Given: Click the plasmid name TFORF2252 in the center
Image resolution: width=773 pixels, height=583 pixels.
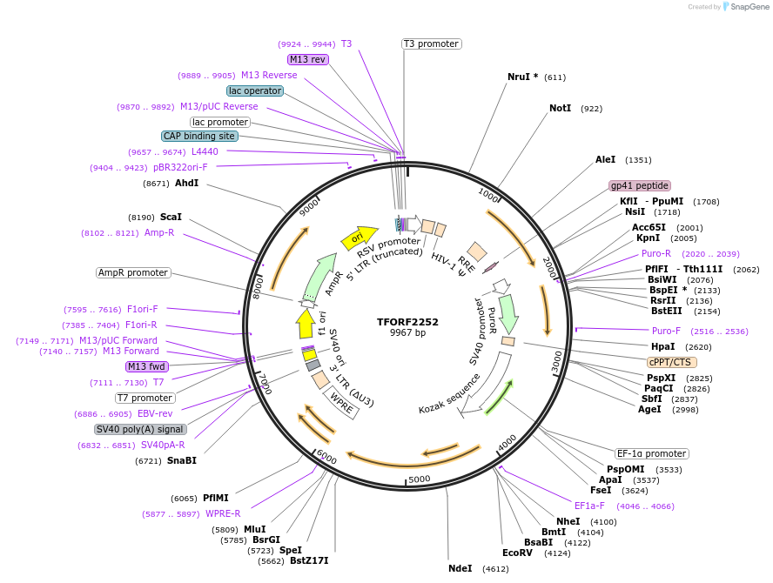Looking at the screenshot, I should tap(407, 321).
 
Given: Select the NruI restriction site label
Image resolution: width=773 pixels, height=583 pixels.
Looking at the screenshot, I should tap(522, 77).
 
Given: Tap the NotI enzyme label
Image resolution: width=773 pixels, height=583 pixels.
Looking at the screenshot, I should tap(560, 109).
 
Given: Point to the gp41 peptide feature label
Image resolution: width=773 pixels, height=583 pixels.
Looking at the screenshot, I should tap(640, 185).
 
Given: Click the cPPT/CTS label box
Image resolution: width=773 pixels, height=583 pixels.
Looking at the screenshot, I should tap(671, 362).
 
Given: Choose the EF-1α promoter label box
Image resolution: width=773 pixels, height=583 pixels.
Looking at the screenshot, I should tap(651, 453).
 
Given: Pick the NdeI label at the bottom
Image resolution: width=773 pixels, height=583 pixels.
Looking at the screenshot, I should tap(460, 568).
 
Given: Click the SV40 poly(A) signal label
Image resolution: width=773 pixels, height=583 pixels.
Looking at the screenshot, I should tap(140, 429).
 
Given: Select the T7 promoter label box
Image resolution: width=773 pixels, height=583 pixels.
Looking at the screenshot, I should tap(145, 398).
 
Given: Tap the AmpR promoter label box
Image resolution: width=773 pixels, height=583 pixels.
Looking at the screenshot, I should tap(133, 272).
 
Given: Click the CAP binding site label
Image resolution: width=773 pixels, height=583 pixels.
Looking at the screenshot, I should tap(199, 136).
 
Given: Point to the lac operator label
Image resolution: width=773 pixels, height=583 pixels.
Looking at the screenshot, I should tap(254, 90).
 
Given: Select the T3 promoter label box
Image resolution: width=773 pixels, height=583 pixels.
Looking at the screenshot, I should tap(431, 44).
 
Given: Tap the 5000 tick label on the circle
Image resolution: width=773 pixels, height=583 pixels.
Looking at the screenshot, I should tap(420, 479).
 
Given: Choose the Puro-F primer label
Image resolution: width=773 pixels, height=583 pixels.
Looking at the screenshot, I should tap(667, 331).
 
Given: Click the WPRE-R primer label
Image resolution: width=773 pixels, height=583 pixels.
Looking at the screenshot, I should tap(223, 513).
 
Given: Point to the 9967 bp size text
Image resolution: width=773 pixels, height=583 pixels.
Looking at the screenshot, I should tap(407, 333).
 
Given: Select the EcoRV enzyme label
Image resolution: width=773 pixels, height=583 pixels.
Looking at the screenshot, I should tap(517, 553).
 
